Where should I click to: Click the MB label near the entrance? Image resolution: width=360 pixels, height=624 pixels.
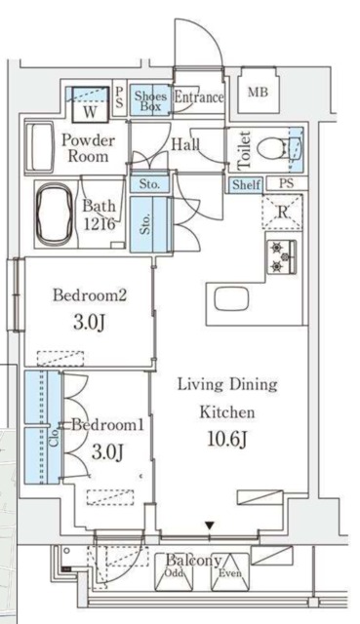coord(258,93)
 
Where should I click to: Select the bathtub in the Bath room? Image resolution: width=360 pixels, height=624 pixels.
coord(55,214)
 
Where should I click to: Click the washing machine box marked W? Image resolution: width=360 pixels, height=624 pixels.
coord(91,104)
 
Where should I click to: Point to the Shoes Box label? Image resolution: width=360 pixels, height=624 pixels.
coord(150,100)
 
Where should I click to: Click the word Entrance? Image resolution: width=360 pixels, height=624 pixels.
coord(199,97)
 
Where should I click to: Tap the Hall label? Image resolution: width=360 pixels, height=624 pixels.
coord(185,144)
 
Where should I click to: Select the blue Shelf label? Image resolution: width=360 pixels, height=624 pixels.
coord(247,184)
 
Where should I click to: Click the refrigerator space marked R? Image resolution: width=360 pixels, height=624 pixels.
coord(282,213)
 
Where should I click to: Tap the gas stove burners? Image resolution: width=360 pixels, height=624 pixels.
coord(282,256)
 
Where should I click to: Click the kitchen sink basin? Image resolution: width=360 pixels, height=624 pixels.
coord(231,299)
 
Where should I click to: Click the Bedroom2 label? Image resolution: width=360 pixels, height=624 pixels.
coord(90,295)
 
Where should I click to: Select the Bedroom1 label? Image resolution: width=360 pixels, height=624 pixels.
coord(107,425)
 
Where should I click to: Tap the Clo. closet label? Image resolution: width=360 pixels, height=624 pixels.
coord(56,436)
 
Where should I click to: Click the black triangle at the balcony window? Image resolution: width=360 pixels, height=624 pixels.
coord(210,526)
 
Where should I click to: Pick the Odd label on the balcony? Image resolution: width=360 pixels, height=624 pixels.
coord(174,573)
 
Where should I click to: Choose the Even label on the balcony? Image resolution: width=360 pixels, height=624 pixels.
coord(230,573)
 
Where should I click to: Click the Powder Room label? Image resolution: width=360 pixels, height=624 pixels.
coord(88,148)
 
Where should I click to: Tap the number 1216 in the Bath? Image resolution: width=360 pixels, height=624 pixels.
coord(100,224)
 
